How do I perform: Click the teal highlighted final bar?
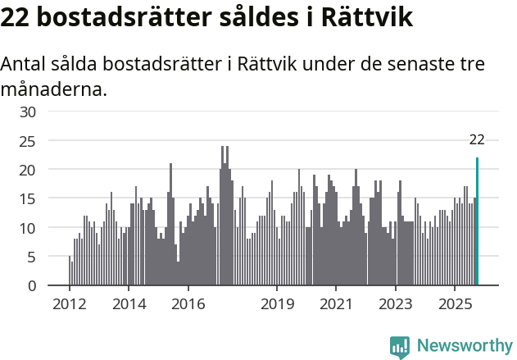(x=477, y=221)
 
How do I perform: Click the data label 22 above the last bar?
(x=477, y=140)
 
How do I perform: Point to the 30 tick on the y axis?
(x=28, y=112)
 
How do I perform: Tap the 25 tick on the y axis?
(x=28, y=141)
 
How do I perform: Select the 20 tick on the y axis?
(x=28, y=170)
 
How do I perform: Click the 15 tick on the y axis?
(x=28, y=198)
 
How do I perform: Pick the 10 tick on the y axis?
(x=28, y=228)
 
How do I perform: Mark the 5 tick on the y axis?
(x=32, y=257)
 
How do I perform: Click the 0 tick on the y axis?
(x=32, y=285)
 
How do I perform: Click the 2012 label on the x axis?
(x=69, y=303)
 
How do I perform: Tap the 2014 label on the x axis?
(x=128, y=303)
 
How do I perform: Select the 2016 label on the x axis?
(x=188, y=303)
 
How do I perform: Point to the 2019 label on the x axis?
(x=277, y=303)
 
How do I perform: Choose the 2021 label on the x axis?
(x=336, y=303)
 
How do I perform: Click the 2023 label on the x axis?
(x=396, y=303)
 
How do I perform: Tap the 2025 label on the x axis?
(x=455, y=303)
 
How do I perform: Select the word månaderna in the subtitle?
(x=54, y=89)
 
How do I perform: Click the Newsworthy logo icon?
(x=400, y=347)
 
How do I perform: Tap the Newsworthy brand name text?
(x=465, y=346)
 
